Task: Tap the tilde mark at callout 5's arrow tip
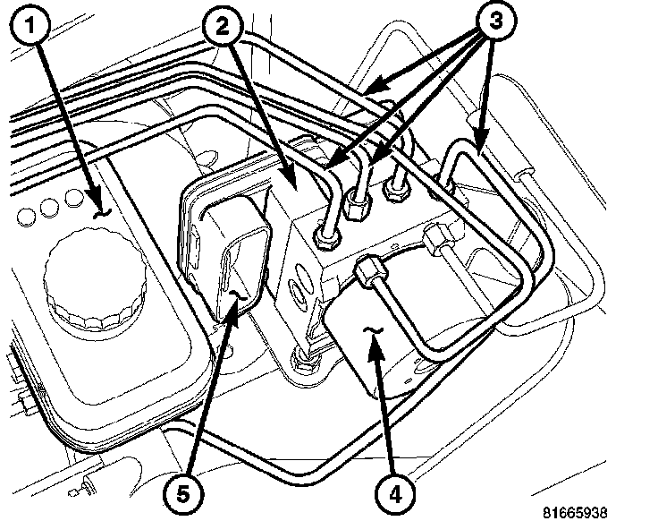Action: coord(236,293)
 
